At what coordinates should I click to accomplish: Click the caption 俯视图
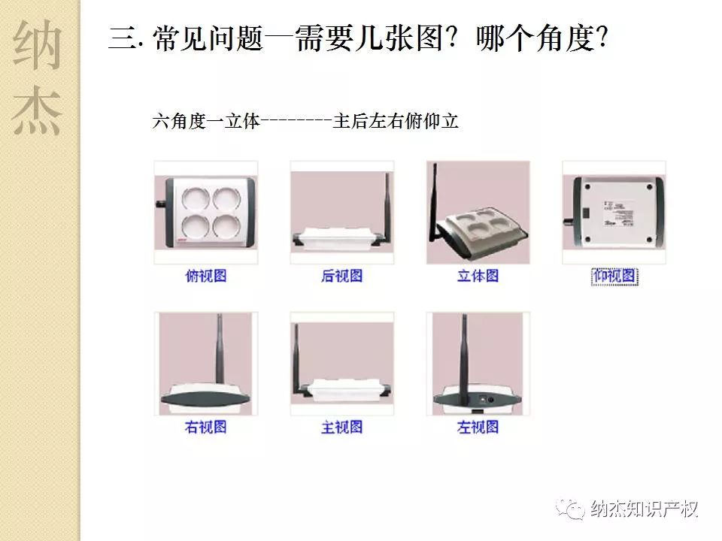coord(205,276)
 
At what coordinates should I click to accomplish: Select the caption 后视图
coord(341,276)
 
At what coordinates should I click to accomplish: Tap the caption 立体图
coord(478,276)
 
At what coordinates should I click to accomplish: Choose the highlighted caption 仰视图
coord(614,277)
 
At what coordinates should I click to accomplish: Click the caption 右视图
coord(205,427)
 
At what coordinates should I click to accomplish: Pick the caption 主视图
coord(341,427)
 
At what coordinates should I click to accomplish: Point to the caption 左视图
coord(478,427)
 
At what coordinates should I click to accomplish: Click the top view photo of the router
coord(205,212)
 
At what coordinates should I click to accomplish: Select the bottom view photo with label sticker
coord(614,212)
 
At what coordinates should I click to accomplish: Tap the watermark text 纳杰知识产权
coord(645,509)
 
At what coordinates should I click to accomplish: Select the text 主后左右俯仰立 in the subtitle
coord(396,121)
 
